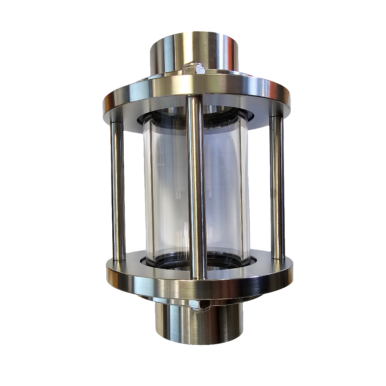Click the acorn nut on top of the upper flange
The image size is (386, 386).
point(194,68)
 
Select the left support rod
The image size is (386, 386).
point(118,190)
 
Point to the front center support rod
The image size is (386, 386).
point(197,188)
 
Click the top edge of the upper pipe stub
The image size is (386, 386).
point(194,36)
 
